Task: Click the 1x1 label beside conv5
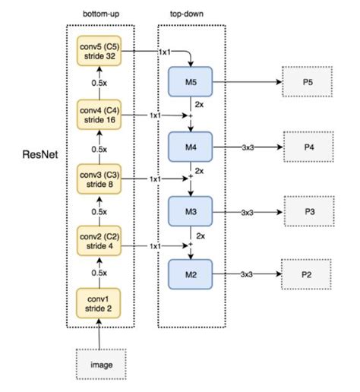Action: coord(163,52)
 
